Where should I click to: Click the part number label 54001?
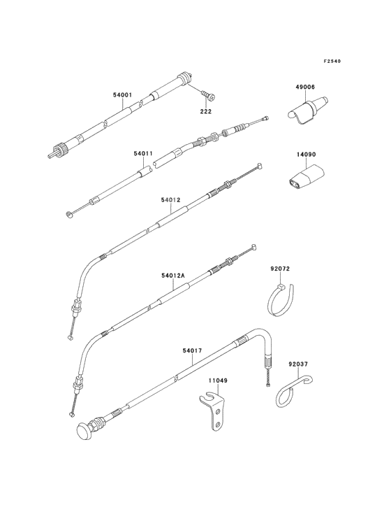122,95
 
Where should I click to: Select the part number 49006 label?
305,87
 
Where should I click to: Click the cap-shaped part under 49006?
307,111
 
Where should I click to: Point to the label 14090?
306,155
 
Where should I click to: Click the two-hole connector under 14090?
306,176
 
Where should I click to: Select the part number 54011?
143,153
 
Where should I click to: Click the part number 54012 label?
170,199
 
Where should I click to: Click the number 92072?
280,269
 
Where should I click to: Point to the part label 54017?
192,350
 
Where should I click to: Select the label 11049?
218,381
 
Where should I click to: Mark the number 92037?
298,364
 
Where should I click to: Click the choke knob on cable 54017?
85,430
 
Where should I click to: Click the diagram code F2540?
332,61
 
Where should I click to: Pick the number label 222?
205,111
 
